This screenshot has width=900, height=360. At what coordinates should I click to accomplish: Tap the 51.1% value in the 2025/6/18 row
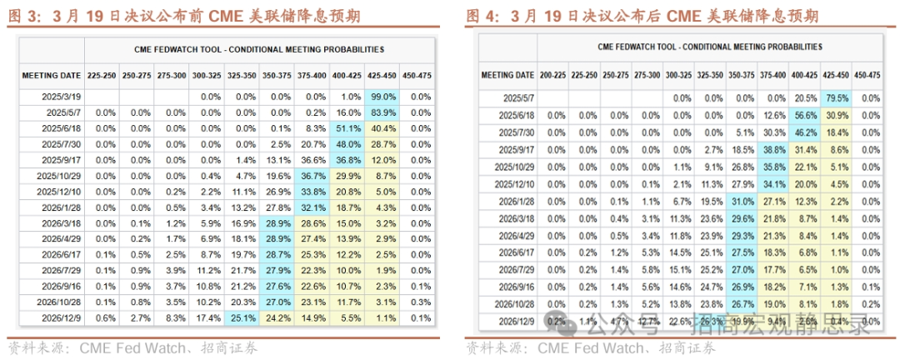[346, 128]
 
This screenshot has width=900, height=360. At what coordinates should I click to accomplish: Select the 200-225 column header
[552, 75]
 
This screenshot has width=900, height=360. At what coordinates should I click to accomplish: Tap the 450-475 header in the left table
[416, 76]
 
